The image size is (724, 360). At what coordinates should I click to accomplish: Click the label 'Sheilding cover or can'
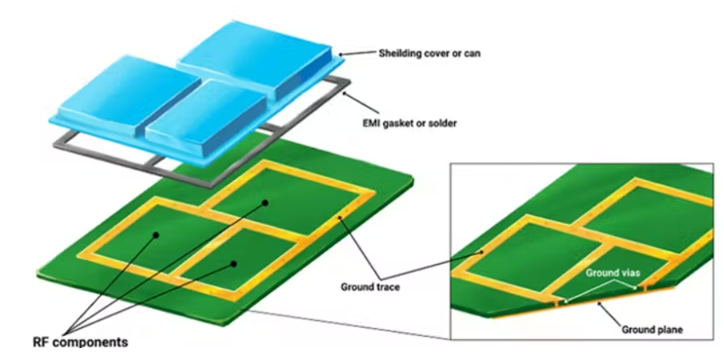(429, 53)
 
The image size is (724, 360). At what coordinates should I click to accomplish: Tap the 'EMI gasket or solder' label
(409, 124)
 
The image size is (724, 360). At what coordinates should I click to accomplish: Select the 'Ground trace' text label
(370, 287)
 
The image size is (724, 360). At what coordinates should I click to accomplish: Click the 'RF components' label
(81, 342)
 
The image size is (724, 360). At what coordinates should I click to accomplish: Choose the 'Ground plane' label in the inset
(652, 330)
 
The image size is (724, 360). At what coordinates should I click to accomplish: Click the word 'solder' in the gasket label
(441, 124)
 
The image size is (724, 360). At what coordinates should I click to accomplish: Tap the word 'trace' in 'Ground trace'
(388, 287)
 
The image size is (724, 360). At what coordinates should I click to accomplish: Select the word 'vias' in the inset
(631, 273)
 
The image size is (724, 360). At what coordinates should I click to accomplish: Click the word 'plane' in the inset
(670, 330)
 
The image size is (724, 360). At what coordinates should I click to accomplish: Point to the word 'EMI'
(370, 124)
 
